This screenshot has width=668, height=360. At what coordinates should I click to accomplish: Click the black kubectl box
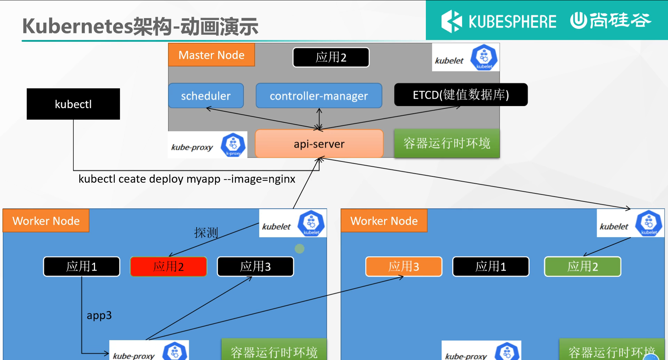tap(73, 104)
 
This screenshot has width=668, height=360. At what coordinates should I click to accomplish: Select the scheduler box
tap(206, 96)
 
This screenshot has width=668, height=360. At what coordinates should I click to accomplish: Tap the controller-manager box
tap(319, 96)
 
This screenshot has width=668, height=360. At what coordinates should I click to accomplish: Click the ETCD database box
tap(461, 95)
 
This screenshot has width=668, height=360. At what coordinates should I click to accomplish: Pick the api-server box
tap(319, 144)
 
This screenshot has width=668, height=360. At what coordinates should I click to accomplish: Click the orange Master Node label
tap(211, 55)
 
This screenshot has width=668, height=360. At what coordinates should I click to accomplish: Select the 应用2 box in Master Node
tap(331, 57)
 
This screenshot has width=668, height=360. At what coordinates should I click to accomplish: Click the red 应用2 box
tap(168, 267)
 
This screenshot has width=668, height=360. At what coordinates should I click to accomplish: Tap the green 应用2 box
tap(582, 267)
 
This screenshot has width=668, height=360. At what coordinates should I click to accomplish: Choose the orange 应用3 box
tap(404, 267)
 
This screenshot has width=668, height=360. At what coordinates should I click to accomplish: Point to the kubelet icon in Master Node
tap(484, 57)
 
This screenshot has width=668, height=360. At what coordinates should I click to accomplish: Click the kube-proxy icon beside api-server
tap(233, 145)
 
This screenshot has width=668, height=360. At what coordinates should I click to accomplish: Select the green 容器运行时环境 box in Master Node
tap(447, 143)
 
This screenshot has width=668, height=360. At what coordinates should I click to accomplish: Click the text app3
tap(99, 315)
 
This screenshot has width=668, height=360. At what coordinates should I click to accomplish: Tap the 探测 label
tap(206, 232)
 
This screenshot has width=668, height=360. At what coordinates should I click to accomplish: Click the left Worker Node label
tap(46, 221)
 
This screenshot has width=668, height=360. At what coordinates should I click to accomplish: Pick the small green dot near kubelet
tap(300, 249)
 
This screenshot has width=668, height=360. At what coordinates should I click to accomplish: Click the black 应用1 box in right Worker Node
tap(491, 267)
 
